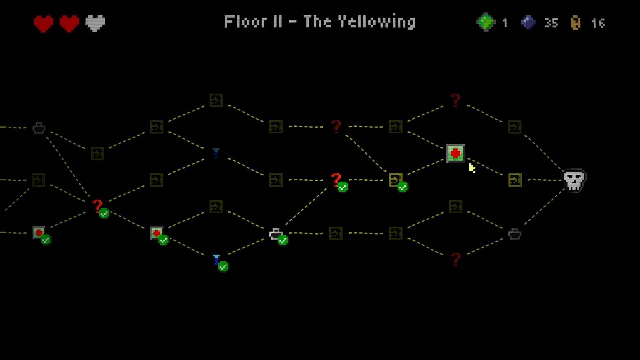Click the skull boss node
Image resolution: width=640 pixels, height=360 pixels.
click(575, 180)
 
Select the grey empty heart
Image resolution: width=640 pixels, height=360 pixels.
click(95, 23)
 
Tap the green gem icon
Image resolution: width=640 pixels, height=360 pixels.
click(486, 22)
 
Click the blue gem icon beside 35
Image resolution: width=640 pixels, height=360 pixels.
click(528, 22)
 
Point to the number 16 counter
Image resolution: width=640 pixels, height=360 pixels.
click(598, 23)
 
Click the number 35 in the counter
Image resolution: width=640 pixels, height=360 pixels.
click(551, 23)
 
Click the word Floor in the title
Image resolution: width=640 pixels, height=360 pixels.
click(245, 22)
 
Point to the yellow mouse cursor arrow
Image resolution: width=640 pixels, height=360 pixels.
click(472, 168)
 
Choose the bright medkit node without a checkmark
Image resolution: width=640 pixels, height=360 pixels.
click(455, 153)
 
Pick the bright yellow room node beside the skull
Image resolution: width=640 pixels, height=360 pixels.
click(515, 180)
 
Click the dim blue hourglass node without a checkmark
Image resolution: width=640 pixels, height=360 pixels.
click(216, 153)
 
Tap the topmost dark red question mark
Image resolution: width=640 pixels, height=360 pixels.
click(455, 100)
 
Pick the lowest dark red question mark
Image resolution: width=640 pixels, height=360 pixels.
click(455, 259)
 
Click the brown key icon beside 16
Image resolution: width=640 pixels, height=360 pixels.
click(576, 23)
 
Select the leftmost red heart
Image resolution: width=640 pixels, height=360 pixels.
click(44, 24)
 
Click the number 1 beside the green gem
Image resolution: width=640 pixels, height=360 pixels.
click(505, 23)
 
